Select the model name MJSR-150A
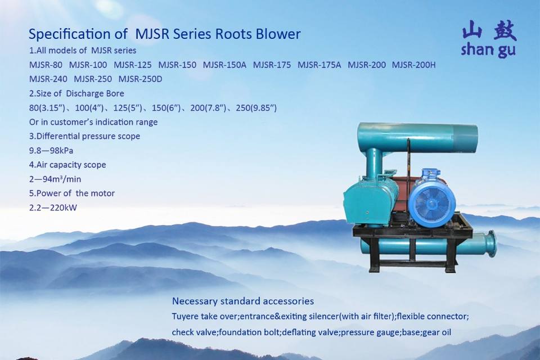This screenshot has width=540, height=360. click(x=224, y=65)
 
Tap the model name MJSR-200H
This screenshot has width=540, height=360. click(x=413, y=65)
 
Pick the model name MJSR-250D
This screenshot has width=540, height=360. click(x=140, y=79)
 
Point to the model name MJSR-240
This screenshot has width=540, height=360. click(x=48, y=79)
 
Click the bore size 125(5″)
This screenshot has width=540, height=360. click(x=128, y=108)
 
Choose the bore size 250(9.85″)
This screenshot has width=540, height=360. click(x=256, y=108)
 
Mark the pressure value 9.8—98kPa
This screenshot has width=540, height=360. click(x=51, y=151)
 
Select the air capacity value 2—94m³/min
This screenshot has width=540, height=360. click(x=55, y=179)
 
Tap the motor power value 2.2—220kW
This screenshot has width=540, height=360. click(x=53, y=208)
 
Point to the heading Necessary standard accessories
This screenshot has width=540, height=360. click(x=243, y=301)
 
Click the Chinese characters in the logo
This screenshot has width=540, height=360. click(x=489, y=30)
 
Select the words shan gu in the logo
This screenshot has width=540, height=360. click(x=488, y=49)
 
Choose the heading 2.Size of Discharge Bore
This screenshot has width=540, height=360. click(x=76, y=93)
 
